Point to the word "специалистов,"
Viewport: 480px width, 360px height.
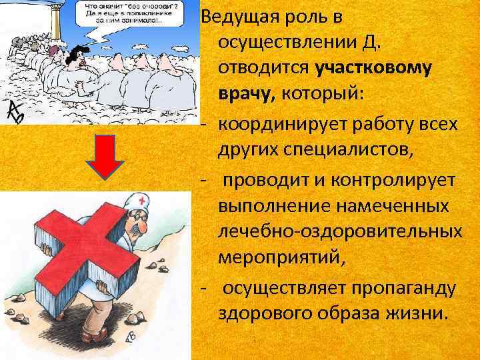point(354,150)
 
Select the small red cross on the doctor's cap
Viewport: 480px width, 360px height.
point(141,200)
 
